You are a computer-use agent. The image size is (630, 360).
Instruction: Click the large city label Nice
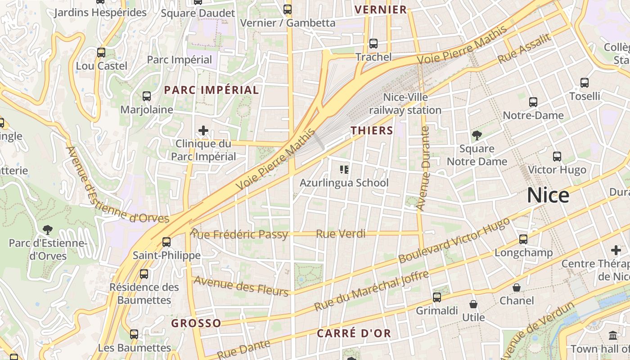[x=548, y=195]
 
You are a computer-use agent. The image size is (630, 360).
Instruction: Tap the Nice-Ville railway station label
[x=405, y=103]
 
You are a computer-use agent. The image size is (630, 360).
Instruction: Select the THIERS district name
[x=372, y=130]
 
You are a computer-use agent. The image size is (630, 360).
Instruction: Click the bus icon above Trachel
[x=373, y=44]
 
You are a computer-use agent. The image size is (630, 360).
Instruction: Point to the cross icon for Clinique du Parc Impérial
[x=203, y=131]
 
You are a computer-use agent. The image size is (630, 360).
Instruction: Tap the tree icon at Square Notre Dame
[x=477, y=135]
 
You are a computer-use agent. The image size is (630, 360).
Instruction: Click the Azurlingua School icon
[x=344, y=170]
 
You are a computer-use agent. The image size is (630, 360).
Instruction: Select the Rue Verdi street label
[x=341, y=234]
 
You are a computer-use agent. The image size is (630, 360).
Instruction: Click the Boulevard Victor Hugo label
[x=454, y=241]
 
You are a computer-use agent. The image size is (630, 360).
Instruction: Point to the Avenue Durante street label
[x=423, y=168]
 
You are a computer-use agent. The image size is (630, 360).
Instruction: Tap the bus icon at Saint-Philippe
[x=166, y=242]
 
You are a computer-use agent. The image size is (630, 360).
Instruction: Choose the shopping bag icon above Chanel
[x=517, y=288]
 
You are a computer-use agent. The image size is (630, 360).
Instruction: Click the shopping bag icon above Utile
[x=473, y=305]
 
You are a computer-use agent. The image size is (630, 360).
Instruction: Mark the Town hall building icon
[x=613, y=335]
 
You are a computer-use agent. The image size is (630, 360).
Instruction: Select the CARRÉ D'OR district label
[x=354, y=333]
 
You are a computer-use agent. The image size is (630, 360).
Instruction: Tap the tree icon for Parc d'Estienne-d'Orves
[x=47, y=230]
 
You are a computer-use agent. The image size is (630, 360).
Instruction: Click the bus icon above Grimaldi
[x=436, y=297]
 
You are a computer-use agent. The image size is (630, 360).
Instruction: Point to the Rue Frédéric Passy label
[x=239, y=234]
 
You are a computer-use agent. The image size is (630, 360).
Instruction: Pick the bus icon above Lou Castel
[x=101, y=53]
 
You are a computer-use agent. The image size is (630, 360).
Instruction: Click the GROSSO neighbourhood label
[x=196, y=323]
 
